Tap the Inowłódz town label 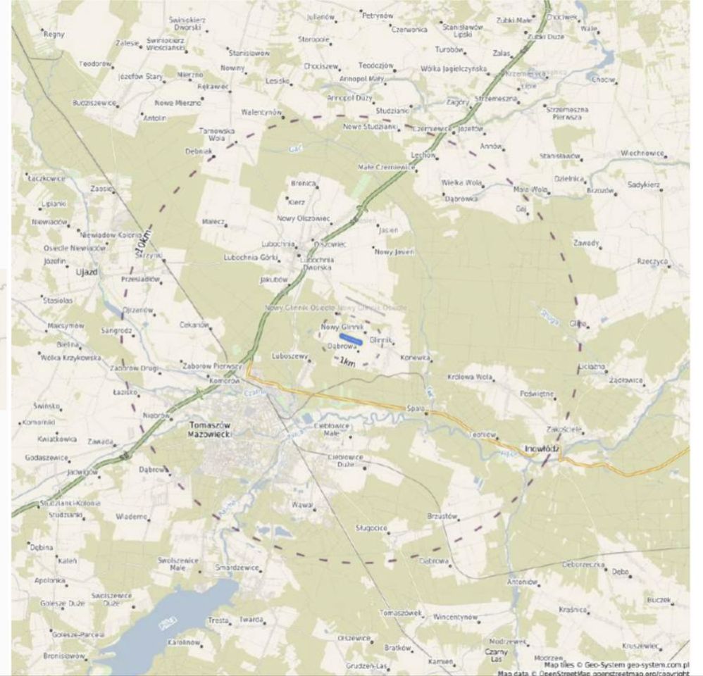(541, 449)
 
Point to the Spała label (415, 408)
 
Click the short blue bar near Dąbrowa (351, 339)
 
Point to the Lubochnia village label (278, 244)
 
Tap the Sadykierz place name (643, 184)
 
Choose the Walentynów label (261, 113)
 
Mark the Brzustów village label (442, 516)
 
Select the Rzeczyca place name (652, 261)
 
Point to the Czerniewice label (430, 130)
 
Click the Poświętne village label (537, 394)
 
